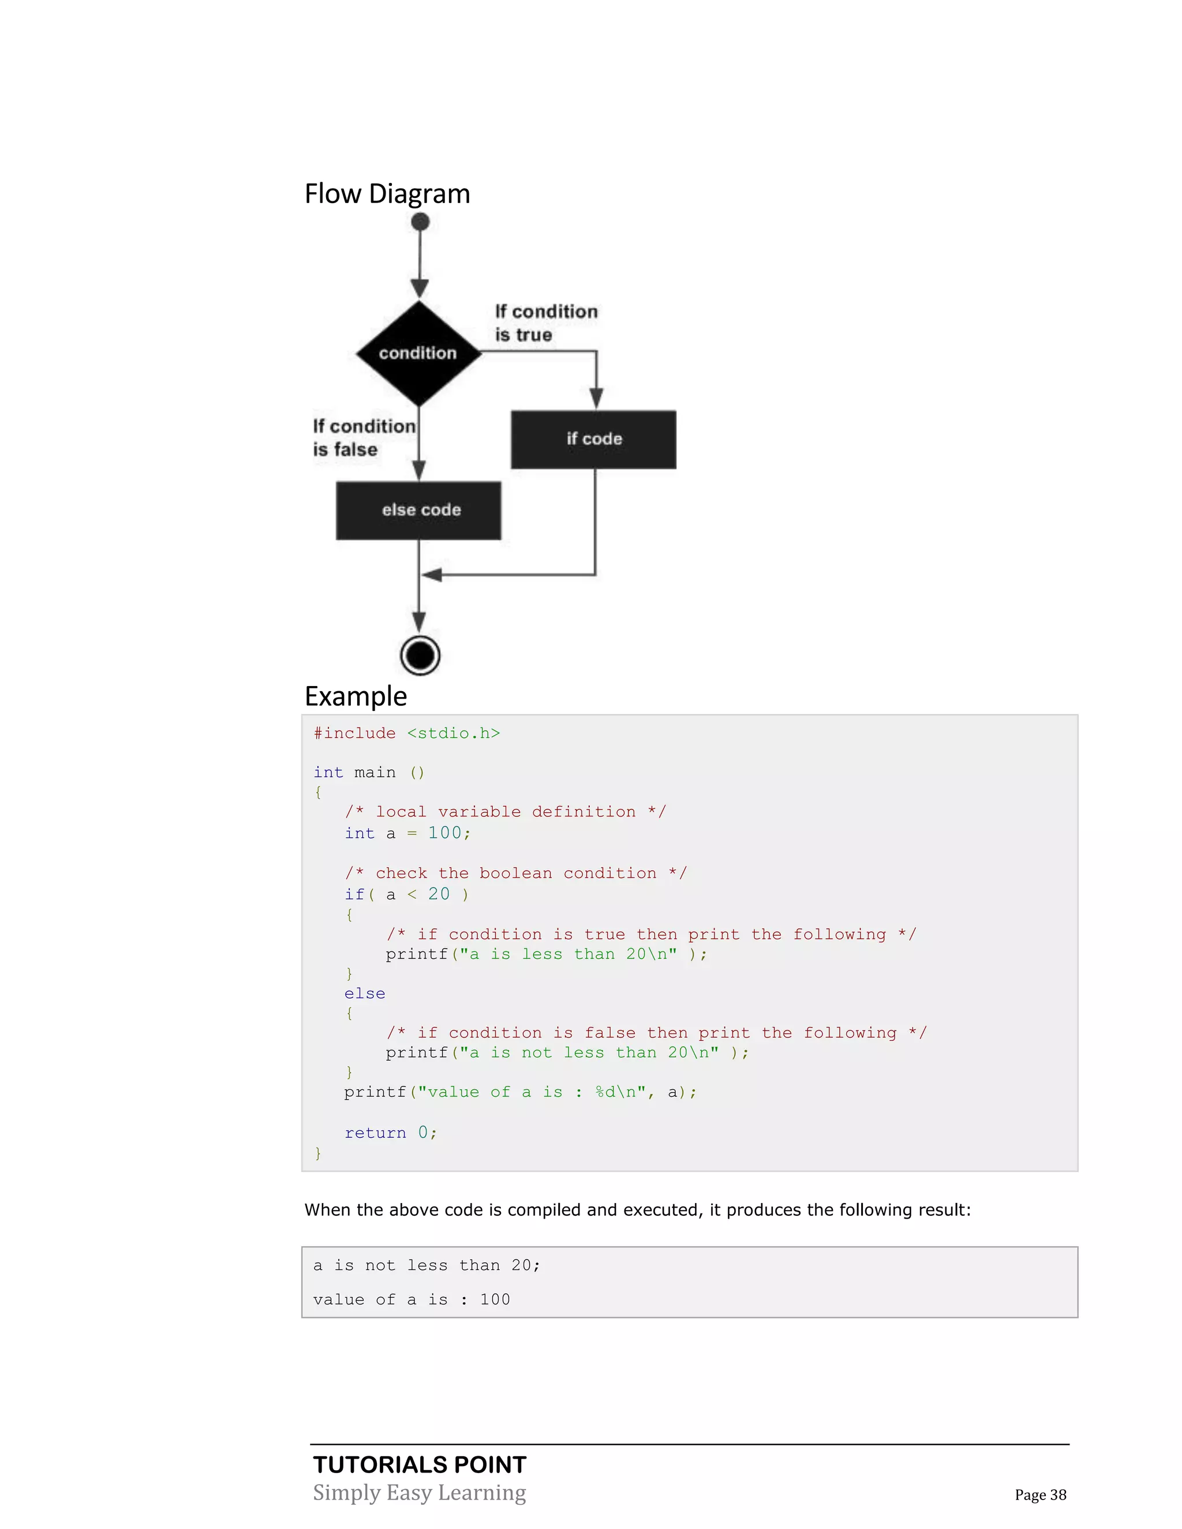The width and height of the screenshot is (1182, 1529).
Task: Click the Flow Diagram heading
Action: (x=387, y=194)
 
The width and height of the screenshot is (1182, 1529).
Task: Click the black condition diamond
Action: (x=418, y=353)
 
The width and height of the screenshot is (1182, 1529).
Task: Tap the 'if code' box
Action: (x=593, y=439)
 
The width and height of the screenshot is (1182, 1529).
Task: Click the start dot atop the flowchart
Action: (x=420, y=222)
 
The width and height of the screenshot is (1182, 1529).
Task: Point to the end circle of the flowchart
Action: (x=420, y=655)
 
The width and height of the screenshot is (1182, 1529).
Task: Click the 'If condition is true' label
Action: (x=545, y=323)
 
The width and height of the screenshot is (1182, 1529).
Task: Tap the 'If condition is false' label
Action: (x=364, y=437)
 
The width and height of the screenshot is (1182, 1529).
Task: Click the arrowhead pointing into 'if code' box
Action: (x=596, y=398)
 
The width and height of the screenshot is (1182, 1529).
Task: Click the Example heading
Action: (x=356, y=696)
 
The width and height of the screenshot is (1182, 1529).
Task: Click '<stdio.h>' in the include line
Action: (x=453, y=733)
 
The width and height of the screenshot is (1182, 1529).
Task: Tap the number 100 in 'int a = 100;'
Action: (x=444, y=833)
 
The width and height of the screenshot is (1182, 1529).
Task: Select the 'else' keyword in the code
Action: (x=364, y=994)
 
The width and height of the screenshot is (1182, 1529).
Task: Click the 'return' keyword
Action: (x=375, y=1133)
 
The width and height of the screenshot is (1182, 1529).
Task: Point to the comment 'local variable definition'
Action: (x=505, y=811)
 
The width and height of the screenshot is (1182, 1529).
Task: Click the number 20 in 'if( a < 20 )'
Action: (x=439, y=894)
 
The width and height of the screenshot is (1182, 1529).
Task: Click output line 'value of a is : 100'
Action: (x=411, y=1299)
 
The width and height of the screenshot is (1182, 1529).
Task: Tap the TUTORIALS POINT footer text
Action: (x=420, y=1464)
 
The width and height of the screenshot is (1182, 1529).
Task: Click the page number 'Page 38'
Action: (x=1040, y=1495)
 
